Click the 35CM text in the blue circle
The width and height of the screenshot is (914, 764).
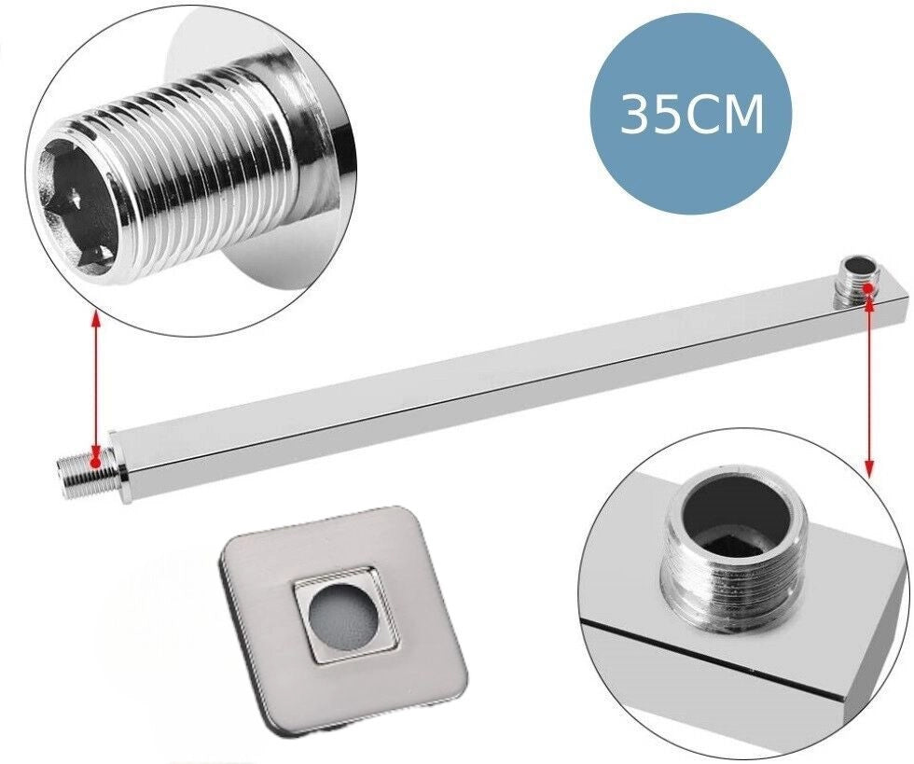691,115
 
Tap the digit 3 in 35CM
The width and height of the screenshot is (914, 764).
636,115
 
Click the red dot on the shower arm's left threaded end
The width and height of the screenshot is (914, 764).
95,462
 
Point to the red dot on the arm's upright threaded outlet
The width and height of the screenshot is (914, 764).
868,288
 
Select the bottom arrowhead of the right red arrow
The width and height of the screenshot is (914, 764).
869,470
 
